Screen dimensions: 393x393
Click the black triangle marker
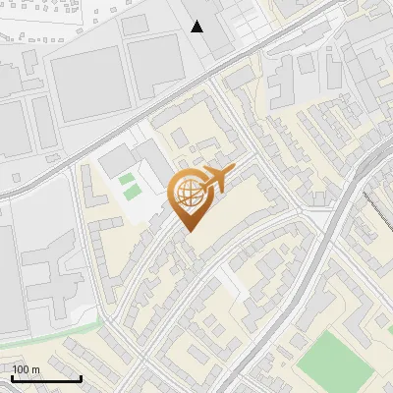pos(197,27)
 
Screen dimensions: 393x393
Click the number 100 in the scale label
pos(21,369)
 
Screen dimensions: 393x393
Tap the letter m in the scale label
pos(35,369)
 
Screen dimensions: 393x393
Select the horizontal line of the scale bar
pos(46,378)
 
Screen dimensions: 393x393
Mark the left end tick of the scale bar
pos(13,376)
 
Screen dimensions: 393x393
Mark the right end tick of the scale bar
pos(81,376)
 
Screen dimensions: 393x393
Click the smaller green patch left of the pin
pos(127,178)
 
